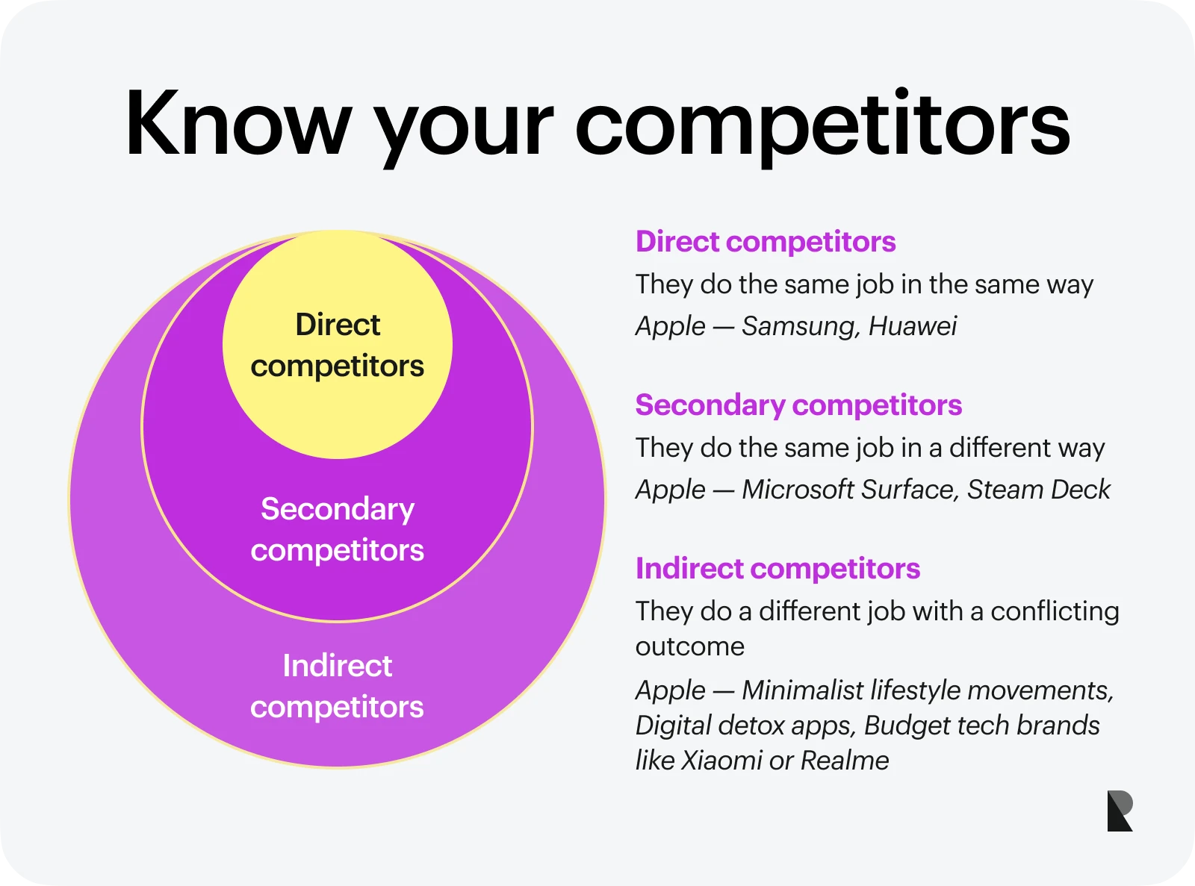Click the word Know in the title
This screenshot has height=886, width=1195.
click(x=239, y=123)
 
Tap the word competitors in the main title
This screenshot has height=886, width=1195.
click(x=823, y=128)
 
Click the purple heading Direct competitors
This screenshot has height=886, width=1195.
click(x=766, y=241)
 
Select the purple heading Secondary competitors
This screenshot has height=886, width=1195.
click(x=798, y=405)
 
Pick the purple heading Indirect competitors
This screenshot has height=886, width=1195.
click(x=778, y=568)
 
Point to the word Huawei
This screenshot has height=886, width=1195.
click(x=913, y=326)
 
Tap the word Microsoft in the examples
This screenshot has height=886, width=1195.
click(x=798, y=489)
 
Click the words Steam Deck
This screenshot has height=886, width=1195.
click(x=1039, y=489)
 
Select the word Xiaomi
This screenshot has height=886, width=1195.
click(x=721, y=761)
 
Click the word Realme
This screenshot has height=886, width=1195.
click(x=844, y=761)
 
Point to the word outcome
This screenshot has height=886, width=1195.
click(x=689, y=646)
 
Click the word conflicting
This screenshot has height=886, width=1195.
click(x=1055, y=612)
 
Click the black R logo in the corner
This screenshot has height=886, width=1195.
click(x=1120, y=811)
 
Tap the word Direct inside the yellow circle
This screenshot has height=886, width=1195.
click(x=338, y=324)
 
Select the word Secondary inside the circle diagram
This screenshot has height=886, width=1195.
click(x=338, y=510)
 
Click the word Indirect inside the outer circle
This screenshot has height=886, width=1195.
click(x=338, y=665)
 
